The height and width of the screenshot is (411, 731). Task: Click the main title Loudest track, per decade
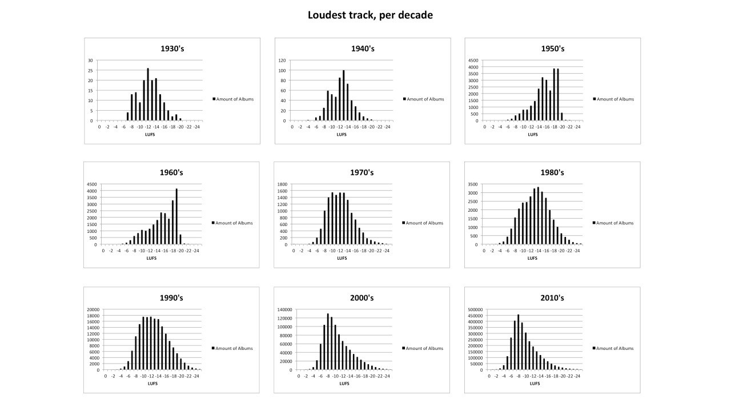click(370, 15)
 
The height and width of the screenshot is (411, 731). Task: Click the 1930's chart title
click(172, 49)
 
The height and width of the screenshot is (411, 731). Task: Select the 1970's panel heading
click(363, 172)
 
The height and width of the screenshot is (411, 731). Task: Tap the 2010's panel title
click(552, 298)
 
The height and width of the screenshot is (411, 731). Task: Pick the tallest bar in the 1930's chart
click(148, 94)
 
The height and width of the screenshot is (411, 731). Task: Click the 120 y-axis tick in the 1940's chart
click(282, 60)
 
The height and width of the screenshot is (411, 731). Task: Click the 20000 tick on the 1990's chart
click(93, 309)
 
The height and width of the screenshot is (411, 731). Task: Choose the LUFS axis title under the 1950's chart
click(532, 135)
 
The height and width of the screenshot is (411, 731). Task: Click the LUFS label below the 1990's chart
click(152, 383)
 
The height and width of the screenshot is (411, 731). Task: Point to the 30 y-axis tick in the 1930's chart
click(90, 60)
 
